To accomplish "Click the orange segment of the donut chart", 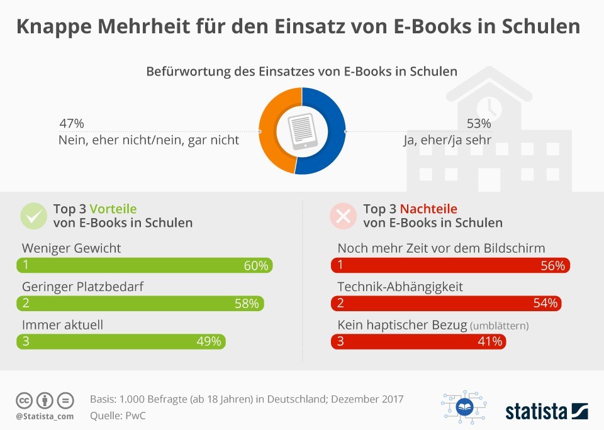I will coord(269,131).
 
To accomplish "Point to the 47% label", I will coord(71,123).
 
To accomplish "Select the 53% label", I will coord(478,123).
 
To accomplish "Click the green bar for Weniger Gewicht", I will coord(145,265).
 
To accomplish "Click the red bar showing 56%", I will coord(450,265).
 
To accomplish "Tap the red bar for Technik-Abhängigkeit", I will coord(446,304).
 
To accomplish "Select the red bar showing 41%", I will coord(418,342).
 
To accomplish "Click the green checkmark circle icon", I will coord(33,216).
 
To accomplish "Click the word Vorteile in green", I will coord(113,209).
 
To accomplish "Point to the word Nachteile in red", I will coord(428,209).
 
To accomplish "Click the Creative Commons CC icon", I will coord(24,400).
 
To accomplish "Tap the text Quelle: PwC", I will coord(118,416).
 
